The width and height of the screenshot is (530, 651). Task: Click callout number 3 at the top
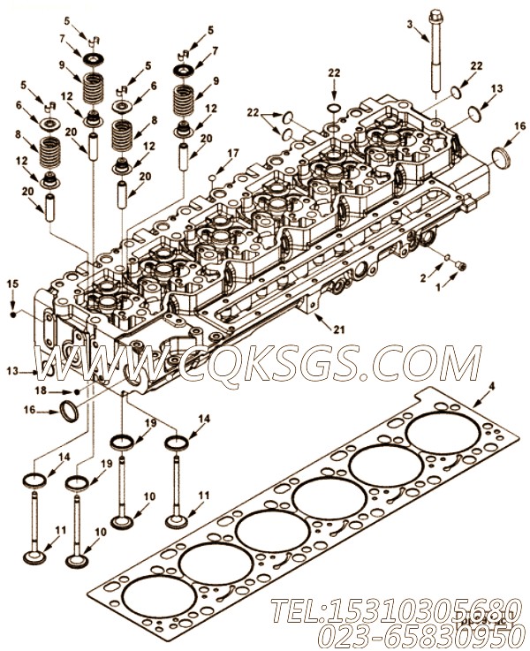pos(409,25)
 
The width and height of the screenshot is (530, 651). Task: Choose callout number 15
pos(12,283)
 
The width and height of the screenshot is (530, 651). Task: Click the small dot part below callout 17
pos(214,177)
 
